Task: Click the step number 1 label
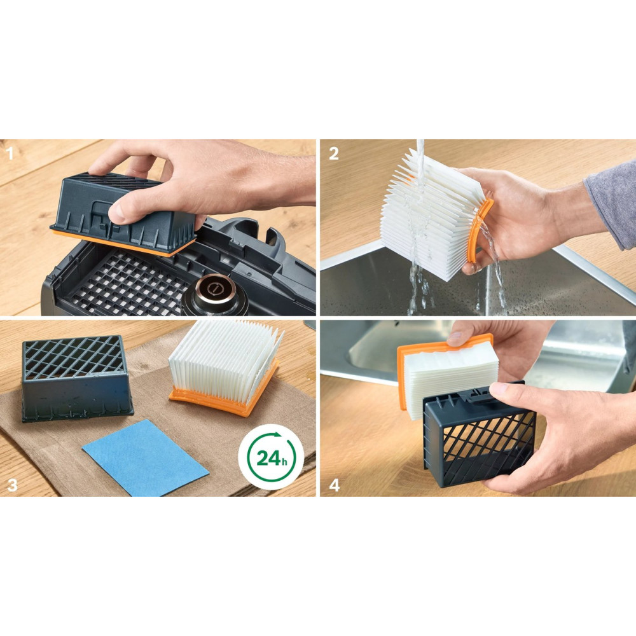[10, 153]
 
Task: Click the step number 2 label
[333, 153]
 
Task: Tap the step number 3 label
[13, 485]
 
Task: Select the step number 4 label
[334, 485]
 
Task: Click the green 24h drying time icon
[271, 457]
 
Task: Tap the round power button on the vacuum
[213, 289]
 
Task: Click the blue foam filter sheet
[145, 457]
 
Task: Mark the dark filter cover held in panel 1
[121, 211]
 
